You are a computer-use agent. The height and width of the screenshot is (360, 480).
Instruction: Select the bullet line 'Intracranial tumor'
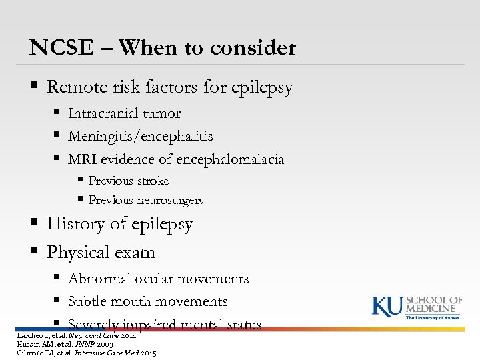pyautogui.click(x=124, y=114)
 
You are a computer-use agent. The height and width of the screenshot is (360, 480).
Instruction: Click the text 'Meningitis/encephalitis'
pyautogui.click(x=141, y=137)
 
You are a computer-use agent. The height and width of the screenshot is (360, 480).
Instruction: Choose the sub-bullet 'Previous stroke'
pyautogui.click(x=129, y=181)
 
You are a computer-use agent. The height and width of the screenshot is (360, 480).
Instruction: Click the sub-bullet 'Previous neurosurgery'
pyautogui.click(x=147, y=201)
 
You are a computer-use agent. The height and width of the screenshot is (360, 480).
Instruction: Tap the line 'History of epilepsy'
pyautogui.click(x=120, y=225)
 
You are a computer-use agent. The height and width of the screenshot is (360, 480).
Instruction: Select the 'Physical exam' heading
pyautogui.click(x=101, y=253)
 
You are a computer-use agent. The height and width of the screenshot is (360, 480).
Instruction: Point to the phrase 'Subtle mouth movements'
pyautogui.click(x=147, y=302)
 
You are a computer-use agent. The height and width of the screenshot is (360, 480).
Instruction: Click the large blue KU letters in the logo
pyautogui.click(x=387, y=307)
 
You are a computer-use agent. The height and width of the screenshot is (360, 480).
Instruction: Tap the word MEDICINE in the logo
pyautogui.click(x=434, y=309)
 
